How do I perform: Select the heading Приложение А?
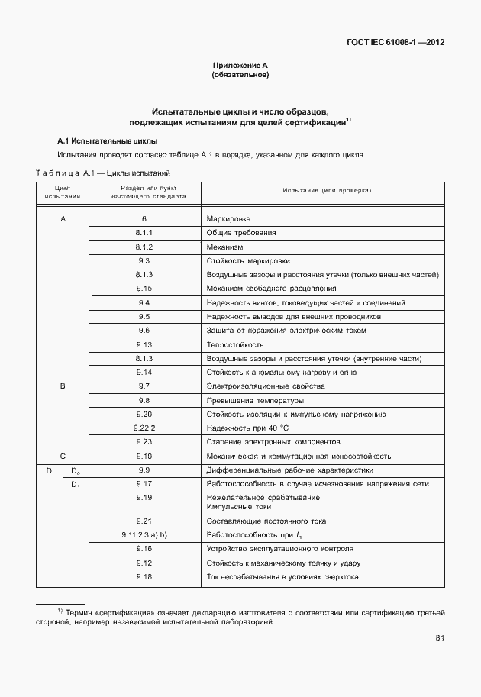240,66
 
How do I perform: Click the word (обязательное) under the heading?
240,76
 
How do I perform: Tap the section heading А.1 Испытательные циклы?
108,141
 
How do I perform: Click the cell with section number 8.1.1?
144,232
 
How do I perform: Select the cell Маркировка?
228,218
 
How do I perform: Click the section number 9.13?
144,344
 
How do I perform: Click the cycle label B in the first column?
63,386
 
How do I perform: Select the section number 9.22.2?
144,428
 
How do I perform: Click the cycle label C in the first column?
63,456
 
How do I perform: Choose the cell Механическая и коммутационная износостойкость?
299,456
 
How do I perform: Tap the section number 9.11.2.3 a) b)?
144,534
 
